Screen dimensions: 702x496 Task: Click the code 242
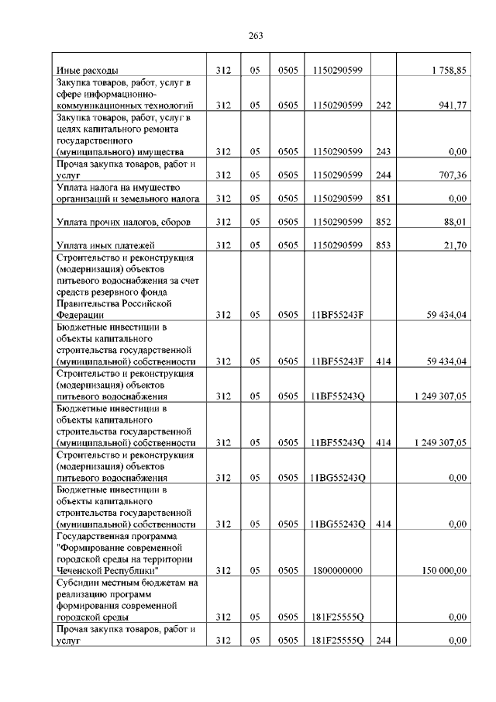coord(382,105)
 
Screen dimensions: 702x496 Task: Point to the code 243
coord(382,153)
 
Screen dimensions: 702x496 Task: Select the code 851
coord(382,199)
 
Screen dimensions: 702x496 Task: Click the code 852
coord(382,223)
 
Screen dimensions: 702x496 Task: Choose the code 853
coord(382,246)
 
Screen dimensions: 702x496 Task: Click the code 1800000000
coord(338,571)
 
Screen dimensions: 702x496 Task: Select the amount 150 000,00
coord(444,571)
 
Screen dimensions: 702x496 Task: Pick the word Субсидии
coord(77,583)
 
